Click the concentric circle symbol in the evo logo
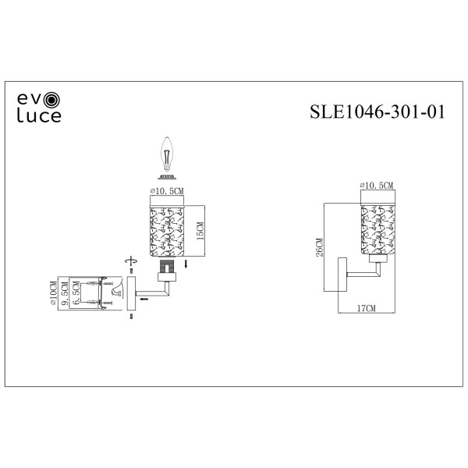pyautogui.click(x=52, y=100)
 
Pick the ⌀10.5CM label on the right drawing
pyautogui.click(x=377, y=186)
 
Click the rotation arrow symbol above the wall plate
pyautogui.click(x=130, y=263)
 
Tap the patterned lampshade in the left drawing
pyautogui.click(x=165, y=229)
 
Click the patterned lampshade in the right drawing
pyautogui.click(x=377, y=228)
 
